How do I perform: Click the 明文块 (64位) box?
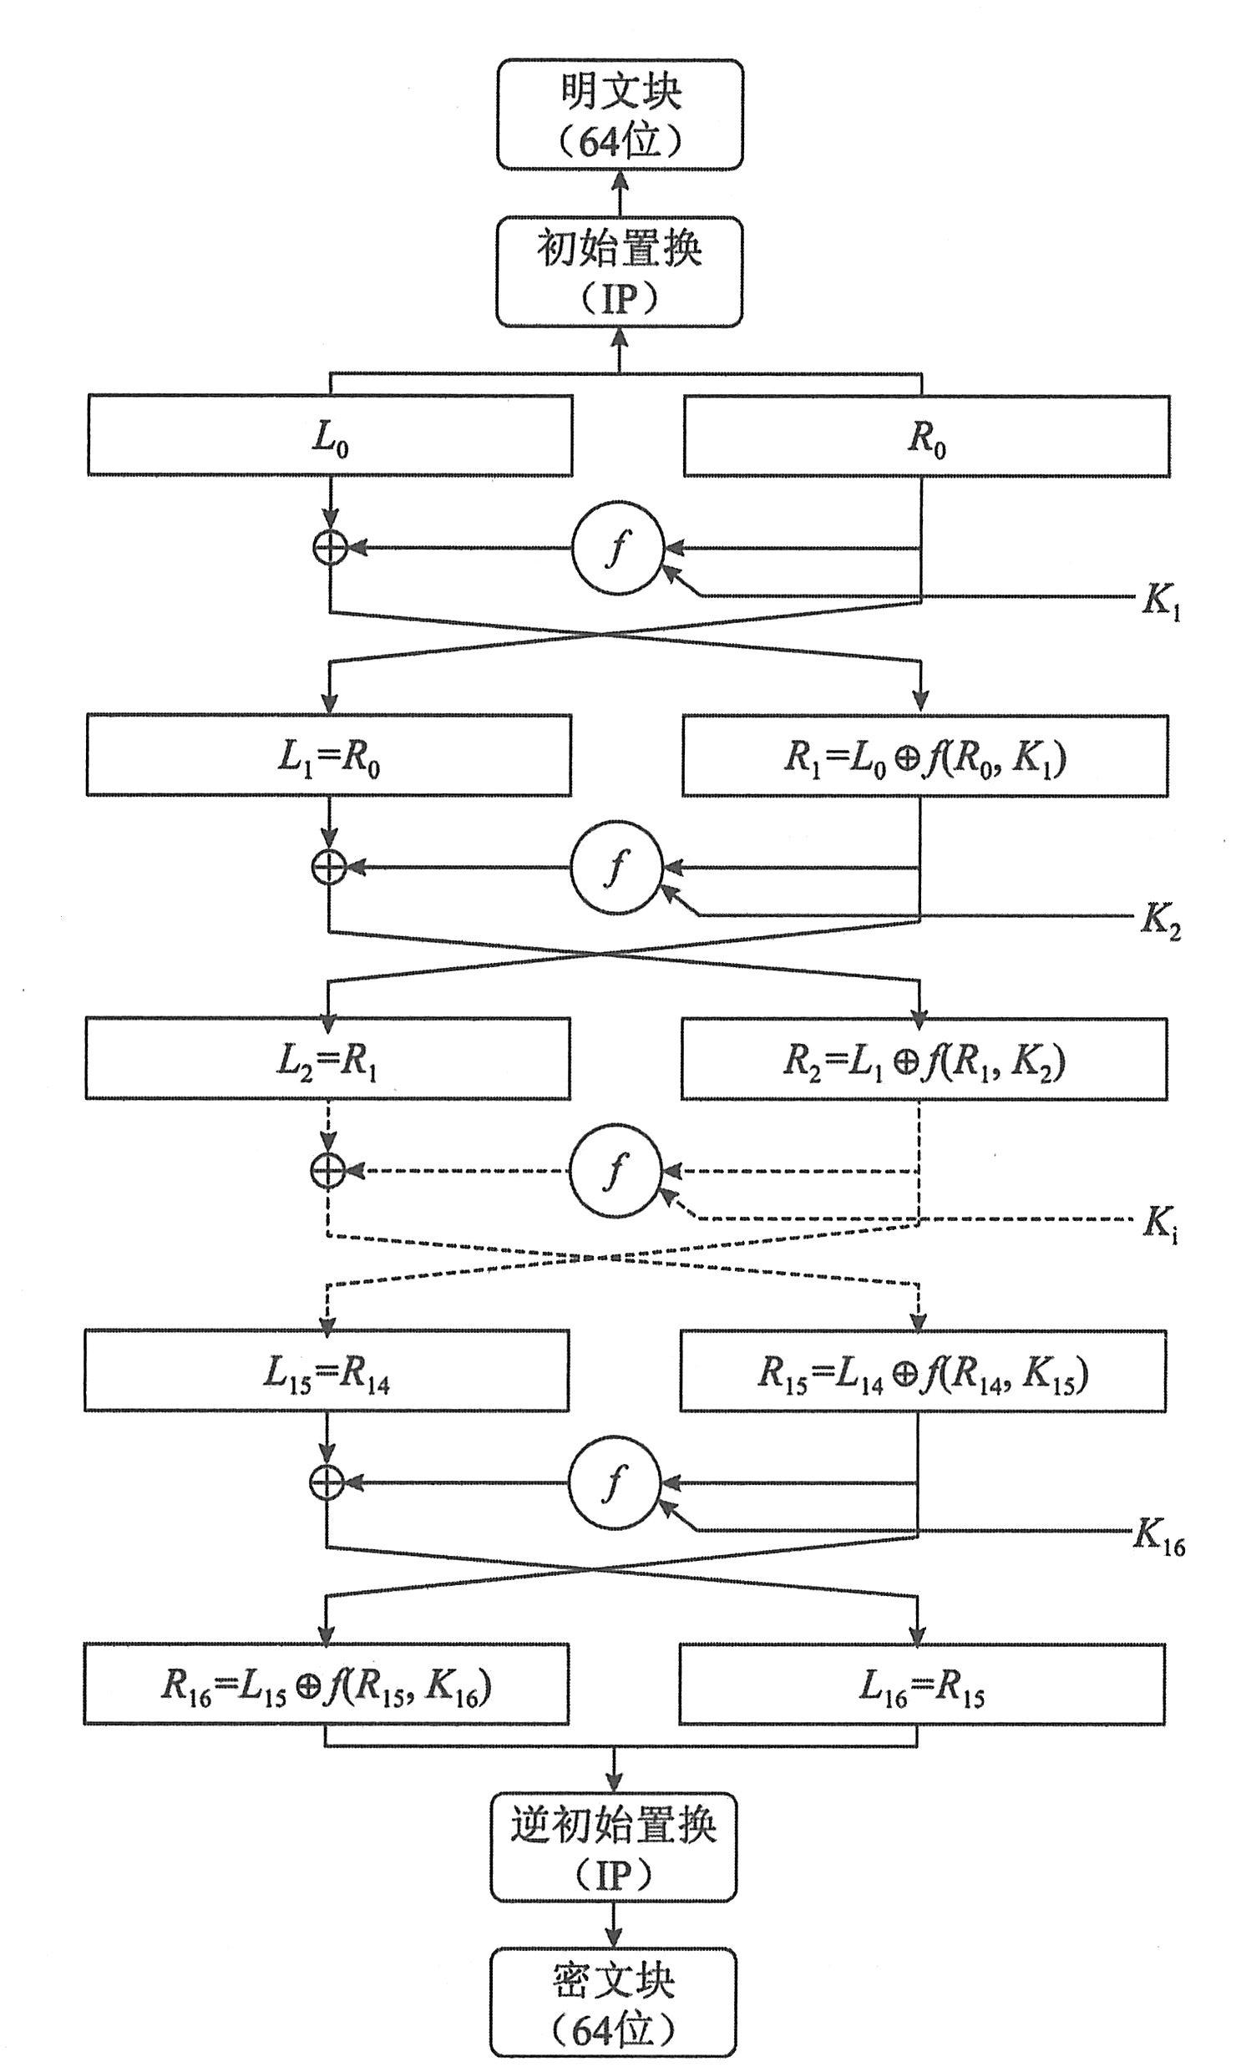pos(620,114)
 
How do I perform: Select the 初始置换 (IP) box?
pos(619,271)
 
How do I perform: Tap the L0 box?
pos(331,436)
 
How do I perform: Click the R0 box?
pos(926,437)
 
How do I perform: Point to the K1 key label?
pos(1162,600)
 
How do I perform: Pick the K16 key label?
pos(1159,1535)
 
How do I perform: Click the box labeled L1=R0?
pos(329,755)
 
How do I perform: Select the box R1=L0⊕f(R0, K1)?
pos(924,756)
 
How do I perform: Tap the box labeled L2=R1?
pos(328,1059)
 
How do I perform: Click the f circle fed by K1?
pos(617,550)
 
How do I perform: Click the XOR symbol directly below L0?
pos(330,549)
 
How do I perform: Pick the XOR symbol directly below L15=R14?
pos(327,1483)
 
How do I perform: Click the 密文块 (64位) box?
pos(613,2003)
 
